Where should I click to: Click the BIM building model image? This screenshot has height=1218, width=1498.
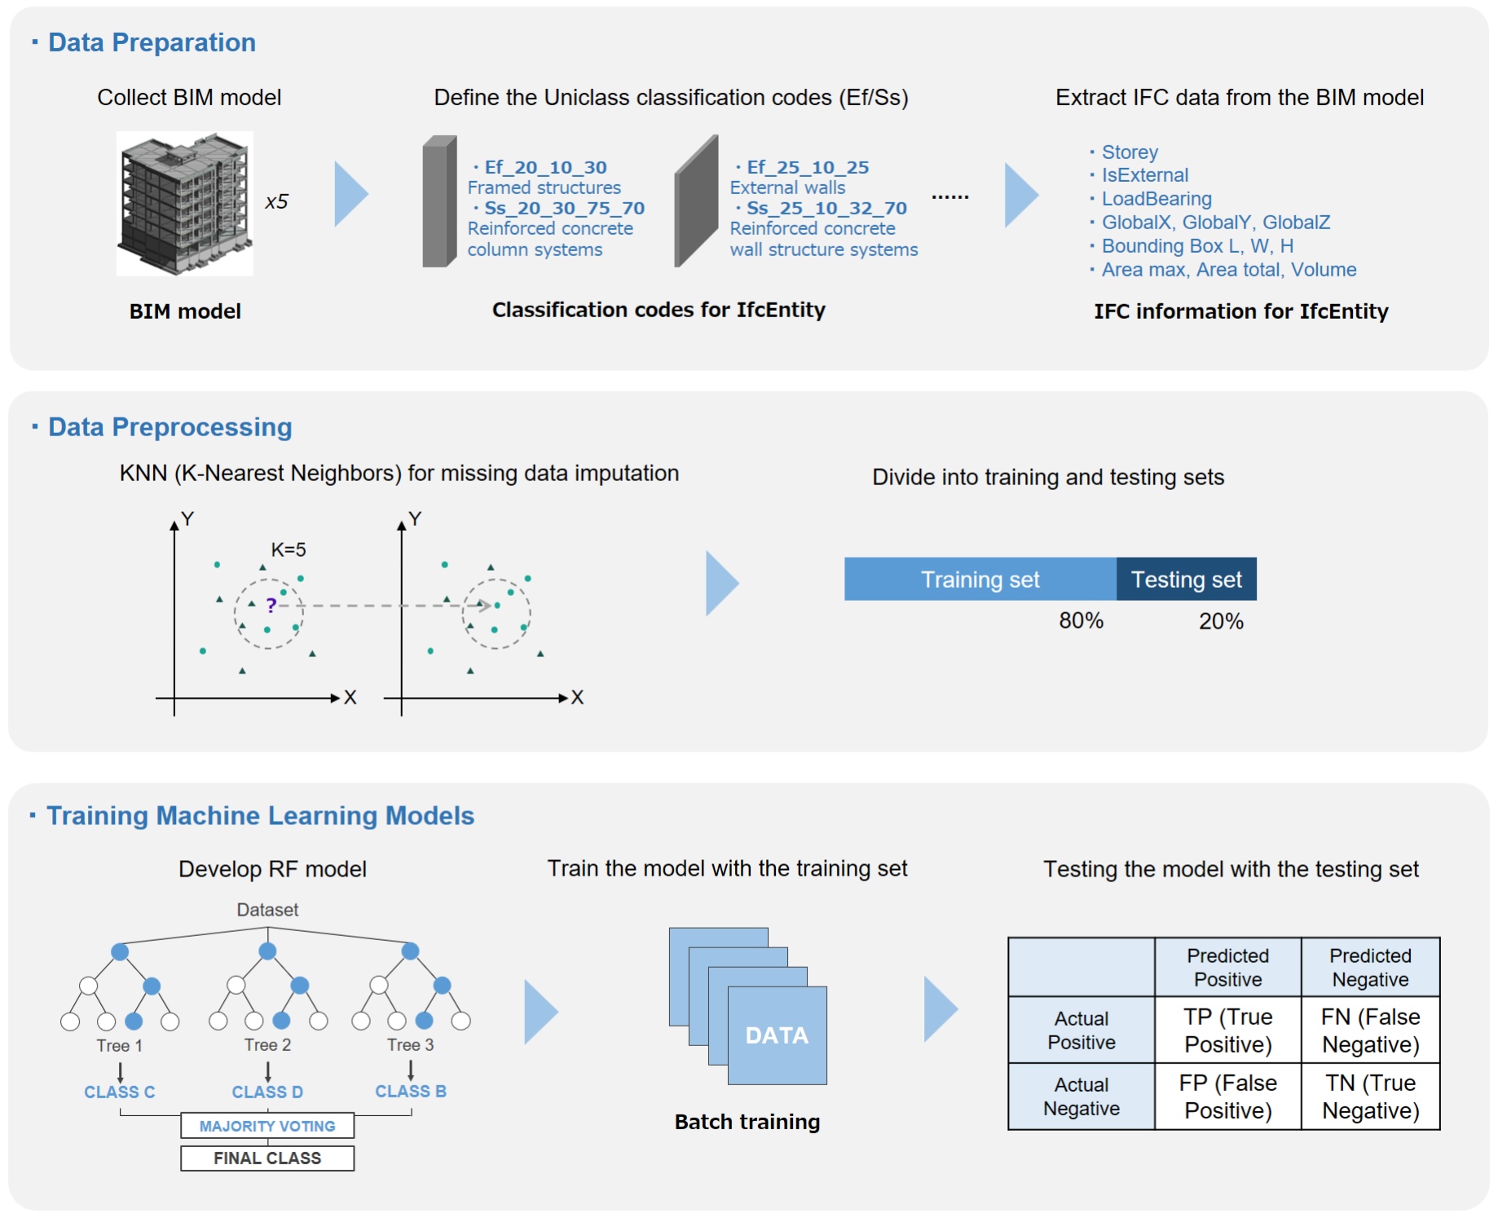click(184, 203)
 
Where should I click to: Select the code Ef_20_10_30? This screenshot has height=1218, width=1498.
click(544, 167)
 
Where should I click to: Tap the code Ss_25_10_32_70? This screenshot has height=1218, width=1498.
click(826, 208)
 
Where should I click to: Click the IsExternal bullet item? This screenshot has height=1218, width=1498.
click(1144, 175)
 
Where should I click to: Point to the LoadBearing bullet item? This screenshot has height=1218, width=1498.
click(1156, 199)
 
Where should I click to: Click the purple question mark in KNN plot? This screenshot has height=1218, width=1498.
click(271, 605)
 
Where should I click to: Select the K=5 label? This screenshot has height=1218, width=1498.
click(289, 550)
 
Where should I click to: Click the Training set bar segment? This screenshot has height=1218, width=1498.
click(980, 580)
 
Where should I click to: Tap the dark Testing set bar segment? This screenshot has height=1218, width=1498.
click(1186, 580)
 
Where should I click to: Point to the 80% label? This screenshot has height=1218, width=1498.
click(1081, 621)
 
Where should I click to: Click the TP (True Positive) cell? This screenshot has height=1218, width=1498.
click(1227, 1030)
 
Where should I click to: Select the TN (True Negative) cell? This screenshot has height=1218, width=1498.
click(1370, 1097)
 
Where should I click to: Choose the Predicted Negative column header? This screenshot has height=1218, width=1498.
click(1370, 968)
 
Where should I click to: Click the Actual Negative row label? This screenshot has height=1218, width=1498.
click(1081, 1097)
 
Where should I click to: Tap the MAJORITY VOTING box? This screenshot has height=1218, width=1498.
click(267, 1126)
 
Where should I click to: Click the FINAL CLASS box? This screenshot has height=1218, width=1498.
click(267, 1158)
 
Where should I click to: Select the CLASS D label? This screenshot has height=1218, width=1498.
click(267, 1092)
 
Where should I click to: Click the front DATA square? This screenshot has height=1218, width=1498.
click(777, 1035)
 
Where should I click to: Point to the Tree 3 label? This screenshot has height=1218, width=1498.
click(410, 1045)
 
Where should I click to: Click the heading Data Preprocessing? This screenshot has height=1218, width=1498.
click(170, 427)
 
